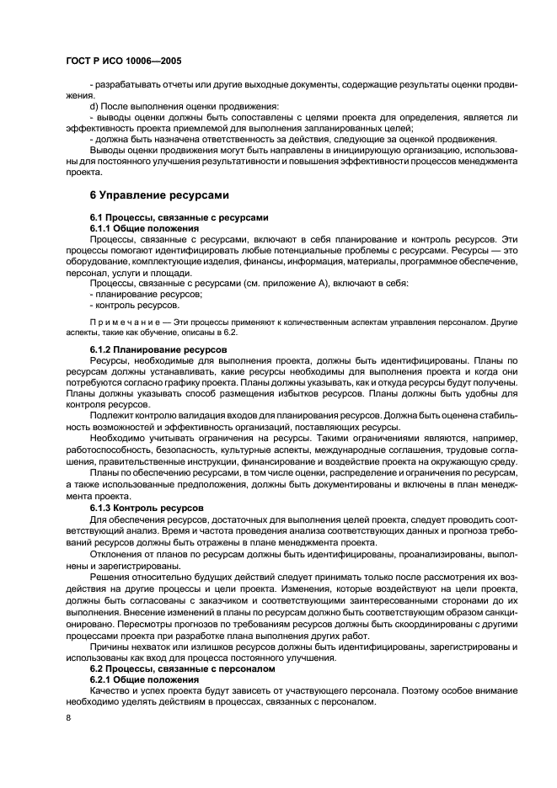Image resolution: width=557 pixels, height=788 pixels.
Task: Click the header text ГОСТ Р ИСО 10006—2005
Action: pos(122,61)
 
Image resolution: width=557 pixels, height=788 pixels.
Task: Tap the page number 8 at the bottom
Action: pos(68,717)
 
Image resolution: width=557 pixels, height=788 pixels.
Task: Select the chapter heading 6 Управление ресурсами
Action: pos(159,195)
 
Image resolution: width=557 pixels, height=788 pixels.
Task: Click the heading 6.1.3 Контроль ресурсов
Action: pos(146,508)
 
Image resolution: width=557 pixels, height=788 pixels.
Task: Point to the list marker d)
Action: pos(94,107)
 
